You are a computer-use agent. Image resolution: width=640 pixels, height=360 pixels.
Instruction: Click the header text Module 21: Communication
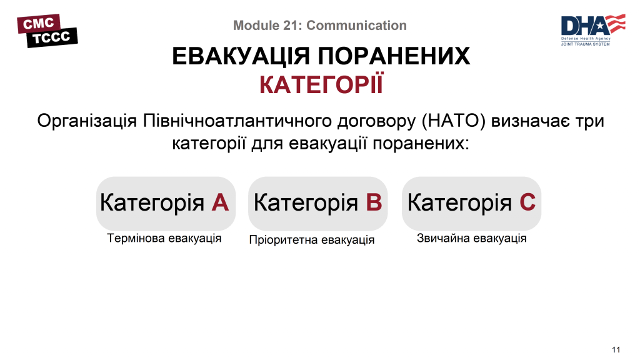319,26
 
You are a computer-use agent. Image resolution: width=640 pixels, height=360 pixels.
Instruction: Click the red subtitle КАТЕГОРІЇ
320,85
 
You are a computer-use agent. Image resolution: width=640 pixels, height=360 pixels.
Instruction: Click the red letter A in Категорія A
220,202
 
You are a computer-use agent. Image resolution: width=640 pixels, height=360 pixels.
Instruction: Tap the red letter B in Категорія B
373,202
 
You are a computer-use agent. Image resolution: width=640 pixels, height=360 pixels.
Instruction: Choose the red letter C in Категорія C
527,202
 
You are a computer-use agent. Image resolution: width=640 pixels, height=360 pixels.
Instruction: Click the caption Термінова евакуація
164,239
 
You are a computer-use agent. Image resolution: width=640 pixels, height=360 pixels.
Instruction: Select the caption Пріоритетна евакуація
312,240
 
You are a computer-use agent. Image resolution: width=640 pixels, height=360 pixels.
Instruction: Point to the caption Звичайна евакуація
471,239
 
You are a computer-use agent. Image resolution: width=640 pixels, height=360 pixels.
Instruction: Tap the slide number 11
616,349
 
